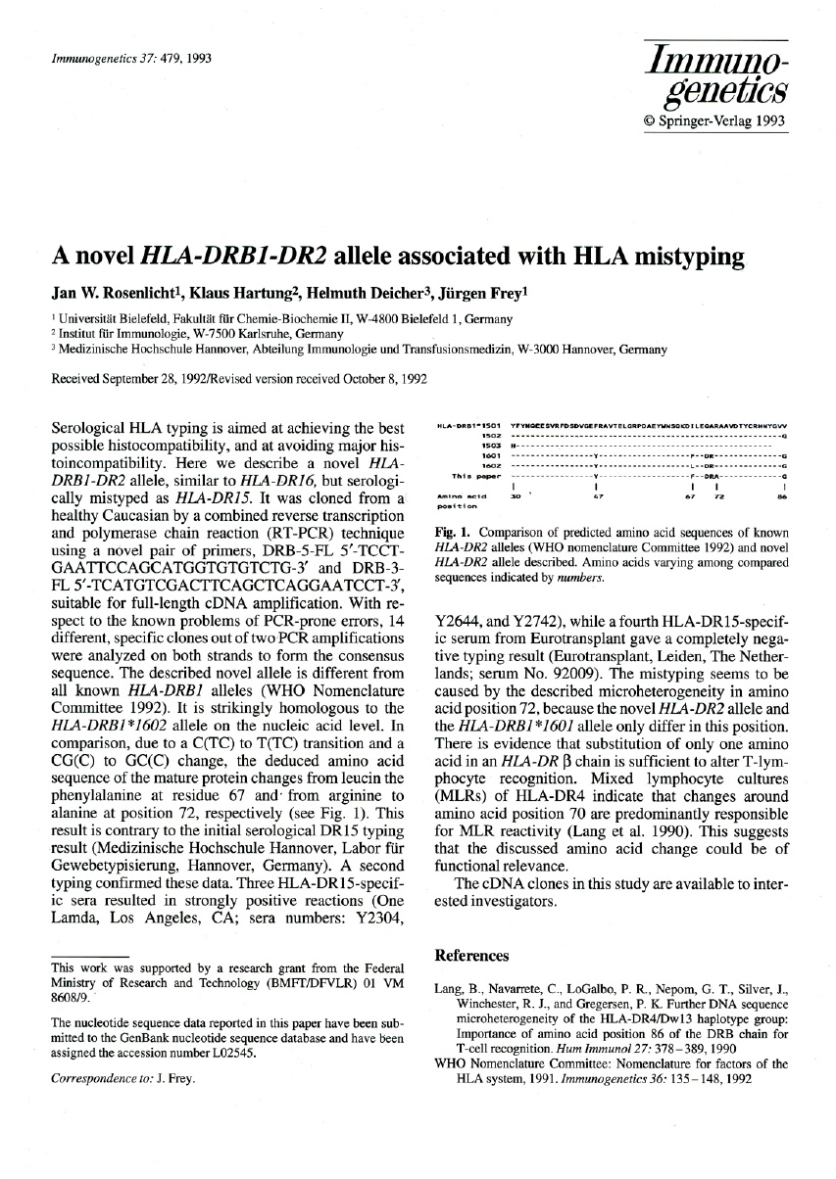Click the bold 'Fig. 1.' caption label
pyautogui.click(x=451, y=533)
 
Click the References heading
pyautogui.click(x=472, y=955)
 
